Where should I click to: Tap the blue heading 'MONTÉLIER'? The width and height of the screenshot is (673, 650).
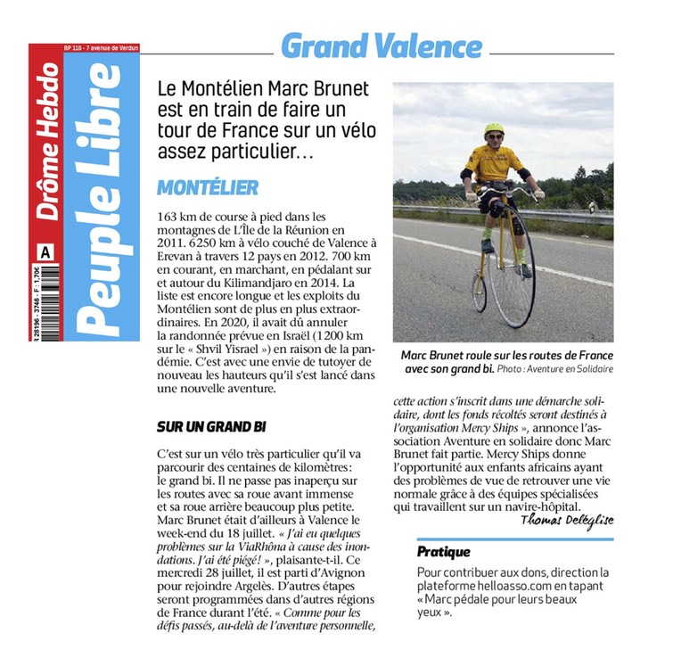(x=207, y=187)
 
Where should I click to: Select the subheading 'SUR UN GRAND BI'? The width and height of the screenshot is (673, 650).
(x=212, y=426)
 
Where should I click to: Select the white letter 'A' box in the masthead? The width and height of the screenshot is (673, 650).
(x=45, y=252)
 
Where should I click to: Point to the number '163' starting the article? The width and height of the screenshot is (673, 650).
(x=168, y=216)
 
